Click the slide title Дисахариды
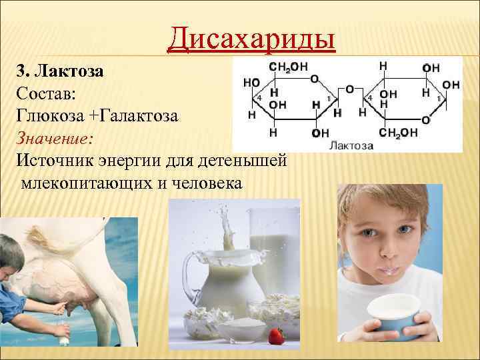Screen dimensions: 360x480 pos(251,37)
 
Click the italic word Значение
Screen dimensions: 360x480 pos(54,137)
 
